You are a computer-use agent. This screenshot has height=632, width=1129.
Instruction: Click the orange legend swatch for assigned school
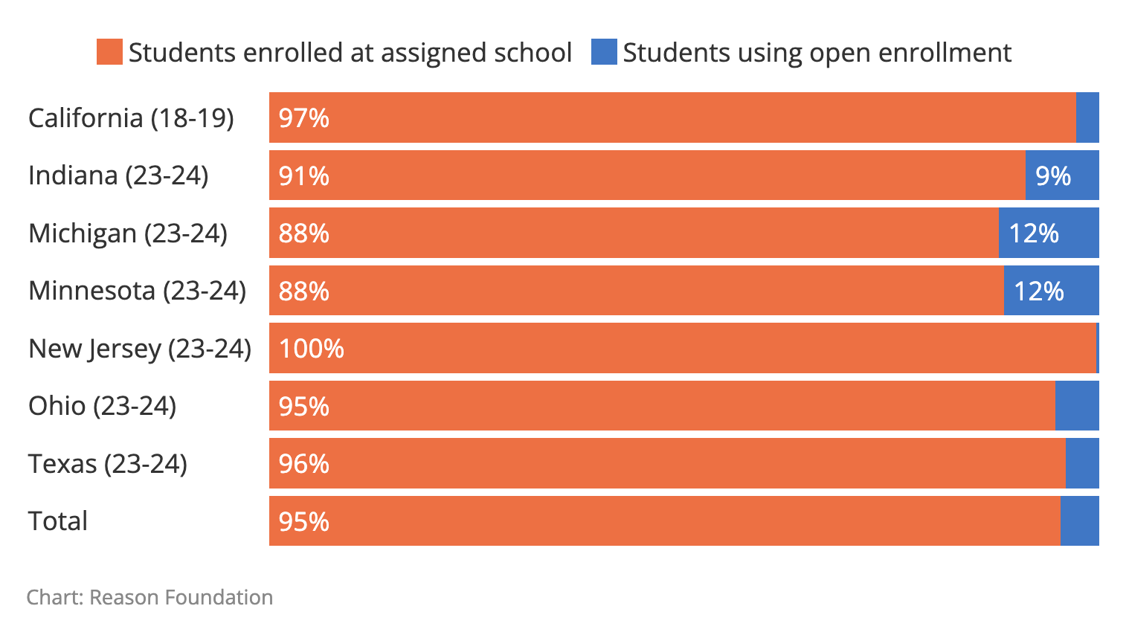(x=109, y=52)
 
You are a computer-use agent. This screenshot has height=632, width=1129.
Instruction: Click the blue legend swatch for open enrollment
(x=603, y=52)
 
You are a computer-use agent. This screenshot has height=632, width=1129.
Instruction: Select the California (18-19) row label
(x=131, y=118)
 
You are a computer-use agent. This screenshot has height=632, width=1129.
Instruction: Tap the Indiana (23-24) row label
(x=118, y=175)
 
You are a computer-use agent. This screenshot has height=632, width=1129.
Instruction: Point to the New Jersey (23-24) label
(x=140, y=349)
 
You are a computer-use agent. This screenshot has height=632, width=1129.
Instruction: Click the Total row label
(x=58, y=521)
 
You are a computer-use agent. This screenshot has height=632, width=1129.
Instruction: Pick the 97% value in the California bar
(x=303, y=118)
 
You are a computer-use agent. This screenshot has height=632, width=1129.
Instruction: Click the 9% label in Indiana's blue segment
(x=1053, y=176)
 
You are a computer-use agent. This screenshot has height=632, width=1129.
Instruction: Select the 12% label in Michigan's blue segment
(x=1033, y=233)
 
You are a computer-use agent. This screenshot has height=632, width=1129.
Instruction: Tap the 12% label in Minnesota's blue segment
(x=1038, y=291)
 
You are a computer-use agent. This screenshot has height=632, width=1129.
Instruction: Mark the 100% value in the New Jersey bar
(x=311, y=349)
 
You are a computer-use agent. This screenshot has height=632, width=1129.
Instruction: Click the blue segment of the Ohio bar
(x=1077, y=406)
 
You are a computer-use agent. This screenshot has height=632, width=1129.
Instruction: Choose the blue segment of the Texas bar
(x=1082, y=463)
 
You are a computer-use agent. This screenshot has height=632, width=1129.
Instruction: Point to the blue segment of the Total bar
(x=1079, y=521)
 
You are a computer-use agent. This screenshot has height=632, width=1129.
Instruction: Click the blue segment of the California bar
(x=1087, y=117)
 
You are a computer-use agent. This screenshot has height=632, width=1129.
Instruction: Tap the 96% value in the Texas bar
(x=303, y=464)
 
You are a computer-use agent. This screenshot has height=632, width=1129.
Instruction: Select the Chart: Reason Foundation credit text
(x=149, y=598)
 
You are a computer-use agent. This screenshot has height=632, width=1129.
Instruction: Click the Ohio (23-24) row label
(x=103, y=406)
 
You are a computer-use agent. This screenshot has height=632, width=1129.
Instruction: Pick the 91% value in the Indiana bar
(x=303, y=176)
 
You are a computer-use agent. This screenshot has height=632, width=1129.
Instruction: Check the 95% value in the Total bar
(x=303, y=522)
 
